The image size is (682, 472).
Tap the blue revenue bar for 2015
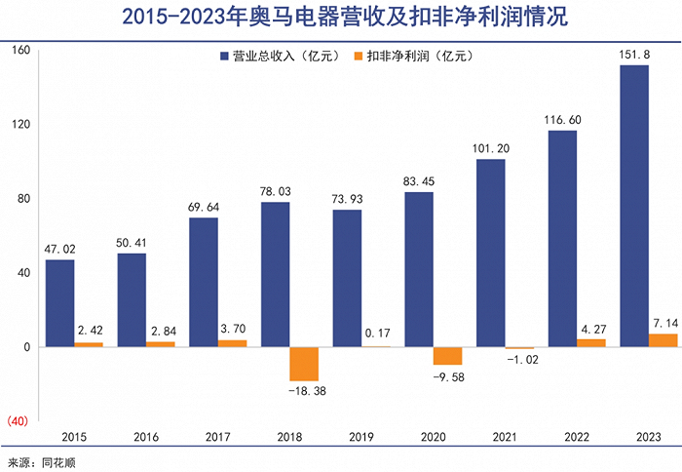click(x=59, y=303)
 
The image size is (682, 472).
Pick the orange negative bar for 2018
click(x=304, y=364)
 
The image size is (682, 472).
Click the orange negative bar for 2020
click(x=448, y=356)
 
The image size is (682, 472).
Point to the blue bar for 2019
click(x=347, y=278)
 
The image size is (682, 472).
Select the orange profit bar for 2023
click(x=663, y=340)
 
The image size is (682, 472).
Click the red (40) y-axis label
click(x=19, y=420)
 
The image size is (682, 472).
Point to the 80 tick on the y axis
click(x=22, y=199)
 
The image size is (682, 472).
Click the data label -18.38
click(x=304, y=391)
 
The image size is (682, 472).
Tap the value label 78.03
click(x=276, y=191)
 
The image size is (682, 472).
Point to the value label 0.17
click(x=376, y=334)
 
